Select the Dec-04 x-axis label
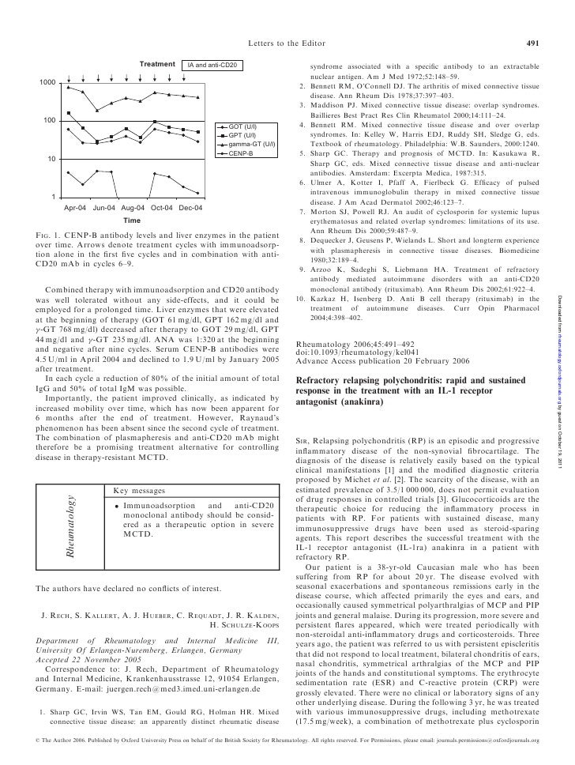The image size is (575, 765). [x=190, y=207]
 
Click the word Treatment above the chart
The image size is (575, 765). [x=156, y=63]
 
